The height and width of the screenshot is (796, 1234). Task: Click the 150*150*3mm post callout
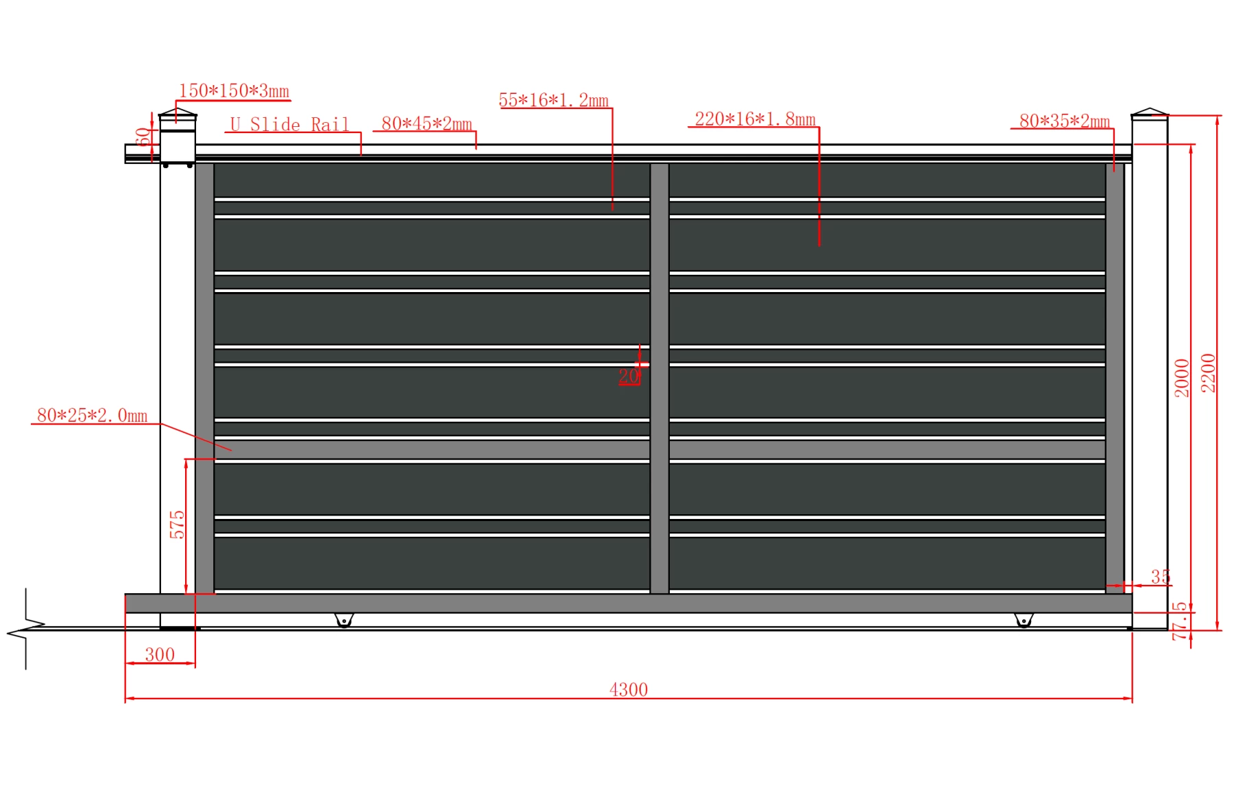coord(234,91)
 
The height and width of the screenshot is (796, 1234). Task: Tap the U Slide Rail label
coord(289,124)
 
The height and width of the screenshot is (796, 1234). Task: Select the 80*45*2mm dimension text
coord(426,123)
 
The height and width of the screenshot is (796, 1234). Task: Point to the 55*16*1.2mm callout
coord(554,100)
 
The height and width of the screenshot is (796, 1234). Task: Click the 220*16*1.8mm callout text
coord(755,119)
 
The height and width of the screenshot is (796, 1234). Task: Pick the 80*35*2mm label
coord(1065,121)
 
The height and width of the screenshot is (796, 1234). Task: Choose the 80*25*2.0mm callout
coord(92,415)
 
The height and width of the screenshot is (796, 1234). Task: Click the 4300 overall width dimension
coord(629,689)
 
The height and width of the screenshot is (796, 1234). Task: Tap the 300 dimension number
coord(160,654)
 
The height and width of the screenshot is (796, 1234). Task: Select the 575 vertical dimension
coord(177,524)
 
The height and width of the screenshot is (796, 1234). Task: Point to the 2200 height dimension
coord(1209,373)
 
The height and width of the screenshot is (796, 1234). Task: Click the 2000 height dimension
coord(1182,378)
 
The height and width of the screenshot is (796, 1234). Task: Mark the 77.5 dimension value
coord(1180,621)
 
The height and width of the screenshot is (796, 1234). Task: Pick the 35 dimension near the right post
coord(1161,577)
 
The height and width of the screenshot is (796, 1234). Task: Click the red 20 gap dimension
coord(628,376)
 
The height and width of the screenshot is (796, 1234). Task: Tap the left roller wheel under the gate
coord(344,620)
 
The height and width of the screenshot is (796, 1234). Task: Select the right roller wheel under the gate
coord(1024,620)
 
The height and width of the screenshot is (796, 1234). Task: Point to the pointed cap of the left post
coord(178,112)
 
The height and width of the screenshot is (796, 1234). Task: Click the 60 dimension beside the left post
coord(143,137)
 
